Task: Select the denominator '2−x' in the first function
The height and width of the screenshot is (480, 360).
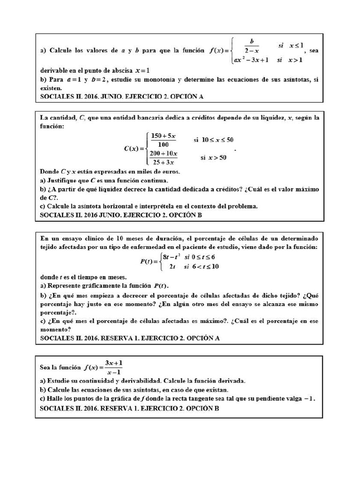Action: point(252,51)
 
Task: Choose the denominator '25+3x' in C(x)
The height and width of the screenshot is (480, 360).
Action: point(163,162)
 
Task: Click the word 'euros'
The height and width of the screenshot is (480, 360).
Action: point(169,172)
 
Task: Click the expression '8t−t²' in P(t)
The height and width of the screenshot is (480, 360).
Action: point(172,257)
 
